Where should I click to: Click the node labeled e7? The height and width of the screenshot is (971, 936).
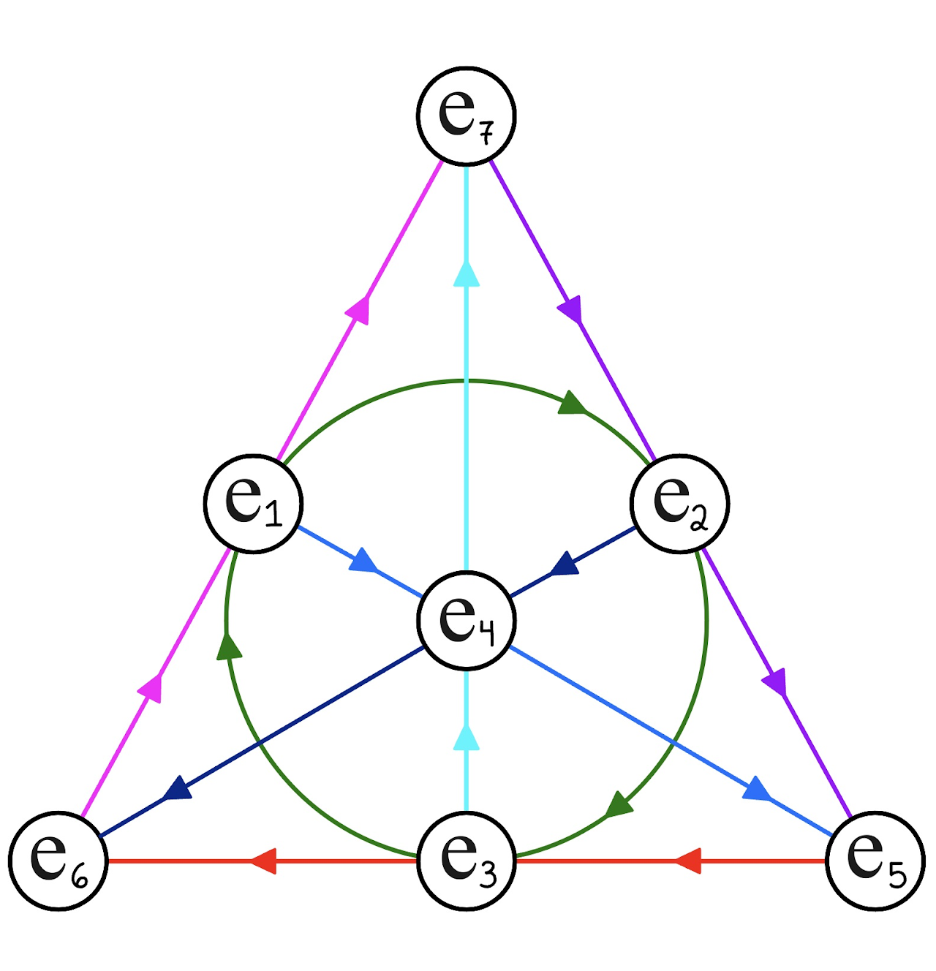point(467,116)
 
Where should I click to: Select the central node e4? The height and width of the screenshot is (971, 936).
point(467,620)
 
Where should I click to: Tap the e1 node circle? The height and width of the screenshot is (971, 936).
point(253,504)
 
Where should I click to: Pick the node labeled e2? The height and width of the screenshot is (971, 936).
point(680,504)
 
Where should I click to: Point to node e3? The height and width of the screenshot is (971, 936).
point(467,861)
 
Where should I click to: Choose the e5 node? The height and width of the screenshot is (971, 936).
point(875,861)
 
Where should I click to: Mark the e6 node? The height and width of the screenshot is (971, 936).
point(58,861)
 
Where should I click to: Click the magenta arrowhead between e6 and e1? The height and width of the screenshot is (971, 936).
point(151,688)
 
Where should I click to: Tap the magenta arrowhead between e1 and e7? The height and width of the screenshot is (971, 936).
point(358,309)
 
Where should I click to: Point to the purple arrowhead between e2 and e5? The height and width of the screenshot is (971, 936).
point(776,682)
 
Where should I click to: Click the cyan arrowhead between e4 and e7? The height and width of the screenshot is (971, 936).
point(467,274)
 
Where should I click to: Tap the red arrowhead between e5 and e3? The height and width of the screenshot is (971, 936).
point(688,861)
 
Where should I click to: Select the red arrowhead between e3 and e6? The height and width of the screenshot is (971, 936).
point(263,861)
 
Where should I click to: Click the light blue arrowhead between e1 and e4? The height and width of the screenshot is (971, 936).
point(363,562)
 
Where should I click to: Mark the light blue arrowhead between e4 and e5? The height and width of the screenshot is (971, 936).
point(757,790)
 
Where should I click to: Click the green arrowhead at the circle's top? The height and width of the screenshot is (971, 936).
point(573,403)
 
